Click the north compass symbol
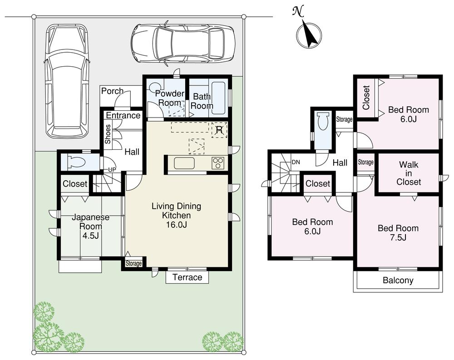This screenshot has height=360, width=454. tap(309, 34)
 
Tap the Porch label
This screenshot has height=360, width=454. tap(112, 91)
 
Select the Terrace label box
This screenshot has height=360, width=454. tap(188, 277)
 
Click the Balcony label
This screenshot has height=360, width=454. tap(398, 280)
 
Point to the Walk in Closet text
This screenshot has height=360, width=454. tap(409, 173)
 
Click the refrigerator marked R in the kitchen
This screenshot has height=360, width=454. tap(219, 130)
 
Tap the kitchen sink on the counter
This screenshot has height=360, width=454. tap(183, 163)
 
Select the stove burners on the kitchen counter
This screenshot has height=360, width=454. tap(217, 163)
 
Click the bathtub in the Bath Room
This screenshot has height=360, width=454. tap(219, 98)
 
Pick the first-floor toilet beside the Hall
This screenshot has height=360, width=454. tap(75, 162)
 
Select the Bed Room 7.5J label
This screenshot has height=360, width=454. tap(398, 232)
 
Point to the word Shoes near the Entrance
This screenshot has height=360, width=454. tap(108, 134)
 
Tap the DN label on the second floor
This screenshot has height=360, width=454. tap(295, 162)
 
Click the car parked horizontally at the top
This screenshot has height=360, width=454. tap(183, 44)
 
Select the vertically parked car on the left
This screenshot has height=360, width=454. tap(67, 81)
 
